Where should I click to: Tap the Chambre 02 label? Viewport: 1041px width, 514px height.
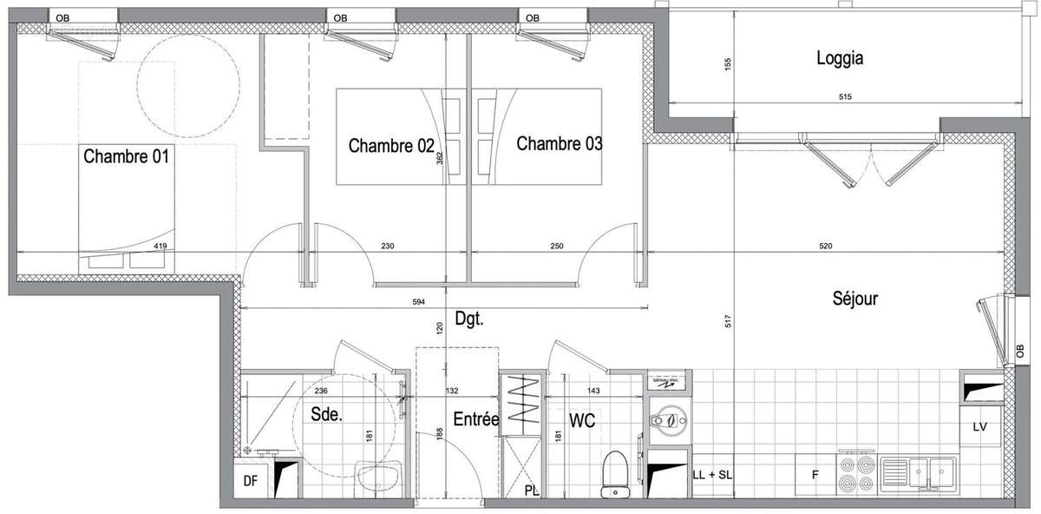pyautogui.click(x=390, y=146)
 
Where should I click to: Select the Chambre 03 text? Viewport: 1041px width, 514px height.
pyautogui.click(x=559, y=144)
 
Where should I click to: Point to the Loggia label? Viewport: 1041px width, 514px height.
pyautogui.click(x=839, y=59)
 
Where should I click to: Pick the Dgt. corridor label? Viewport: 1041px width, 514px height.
pyautogui.click(x=468, y=319)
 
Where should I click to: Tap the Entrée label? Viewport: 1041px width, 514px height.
pyautogui.click(x=476, y=418)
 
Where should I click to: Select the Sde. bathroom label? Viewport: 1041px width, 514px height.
pyautogui.click(x=326, y=415)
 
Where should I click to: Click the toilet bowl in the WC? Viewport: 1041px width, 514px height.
pyautogui.click(x=615, y=477)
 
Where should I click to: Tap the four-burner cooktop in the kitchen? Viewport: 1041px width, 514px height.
pyautogui.click(x=855, y=474)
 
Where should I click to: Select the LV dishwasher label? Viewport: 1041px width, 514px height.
pyautogui.click(x=981, y=426)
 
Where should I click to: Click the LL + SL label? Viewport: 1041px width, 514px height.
pyautogui.click(x=711, y=475)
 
